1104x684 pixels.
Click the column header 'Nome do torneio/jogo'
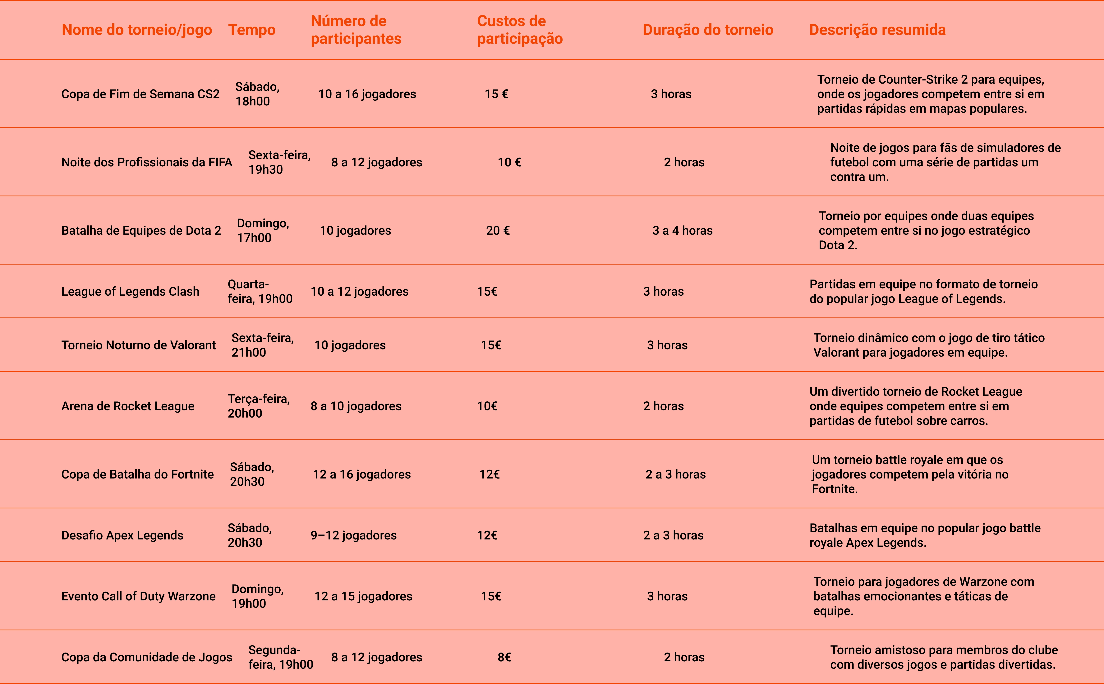point(137,30)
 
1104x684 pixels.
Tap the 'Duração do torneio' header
point(708,30)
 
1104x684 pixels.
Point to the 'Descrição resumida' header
point(877,30)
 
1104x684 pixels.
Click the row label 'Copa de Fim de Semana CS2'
point(140,94)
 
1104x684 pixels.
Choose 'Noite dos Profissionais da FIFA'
point(147,162)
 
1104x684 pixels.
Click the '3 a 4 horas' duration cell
point(683,231)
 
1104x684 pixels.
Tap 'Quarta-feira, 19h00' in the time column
point(260,291)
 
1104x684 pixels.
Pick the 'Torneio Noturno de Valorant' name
point(138,345)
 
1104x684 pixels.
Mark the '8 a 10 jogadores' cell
point(356,406)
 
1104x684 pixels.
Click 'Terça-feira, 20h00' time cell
point(259,406)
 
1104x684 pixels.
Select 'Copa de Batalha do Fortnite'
point(137,474)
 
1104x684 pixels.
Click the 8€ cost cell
point(504,657)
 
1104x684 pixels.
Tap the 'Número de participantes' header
point(356,30)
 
